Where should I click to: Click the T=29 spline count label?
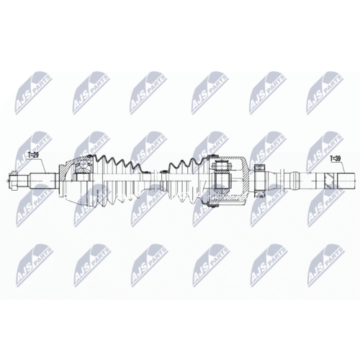coord(33,156)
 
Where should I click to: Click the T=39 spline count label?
coord(336,158)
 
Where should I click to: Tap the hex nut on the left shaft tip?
coord(14,180)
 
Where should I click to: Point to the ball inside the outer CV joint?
coord(84,165)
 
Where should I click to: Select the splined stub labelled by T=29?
coord(42,180)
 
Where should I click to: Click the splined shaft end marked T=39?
coord(346,180)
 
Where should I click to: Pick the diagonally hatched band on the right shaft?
coord(328,180)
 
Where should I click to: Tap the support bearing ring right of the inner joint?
coord(259,181)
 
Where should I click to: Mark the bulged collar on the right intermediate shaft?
coord(294,180)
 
